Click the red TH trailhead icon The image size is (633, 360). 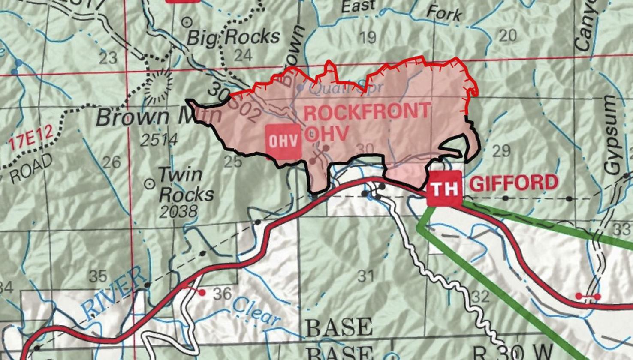[x=445, y=188]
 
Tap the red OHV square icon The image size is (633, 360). [x=283, y=141]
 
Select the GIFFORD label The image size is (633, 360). [x=513, y=183]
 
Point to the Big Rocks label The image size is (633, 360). [x=234, y=38]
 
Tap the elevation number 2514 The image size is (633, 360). [x=159, y=140]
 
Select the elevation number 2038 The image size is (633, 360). [x=178, y=211]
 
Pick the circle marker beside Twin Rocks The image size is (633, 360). [x=150, y=184]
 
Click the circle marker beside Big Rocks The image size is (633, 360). [x=187, y=21]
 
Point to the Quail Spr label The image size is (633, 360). [x=339, y=89]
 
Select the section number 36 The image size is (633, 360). [x=222, y=294]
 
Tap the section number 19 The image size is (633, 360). [x=367, y=38]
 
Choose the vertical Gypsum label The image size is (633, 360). [x=611, y=135]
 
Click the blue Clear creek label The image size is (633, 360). [x=256, y=311]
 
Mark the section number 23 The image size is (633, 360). [x=108, y=57]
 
